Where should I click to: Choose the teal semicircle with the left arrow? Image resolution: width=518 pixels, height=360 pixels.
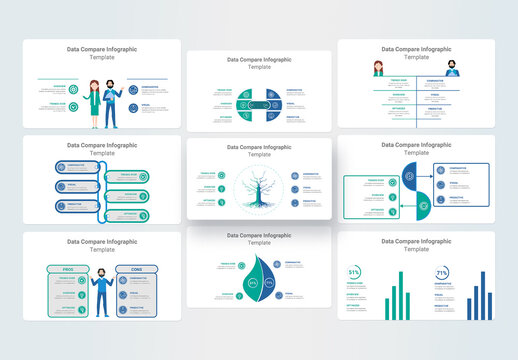(x=424, y=205)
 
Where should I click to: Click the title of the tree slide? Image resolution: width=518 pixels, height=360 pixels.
(x=258, y=150)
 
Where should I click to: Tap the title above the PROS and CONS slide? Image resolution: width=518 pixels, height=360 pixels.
(x=100, y=245)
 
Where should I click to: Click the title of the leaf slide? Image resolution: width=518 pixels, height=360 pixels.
(x=258, y=240)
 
